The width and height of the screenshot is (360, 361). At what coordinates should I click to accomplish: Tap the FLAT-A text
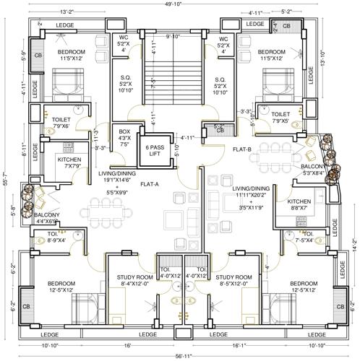[150, 183]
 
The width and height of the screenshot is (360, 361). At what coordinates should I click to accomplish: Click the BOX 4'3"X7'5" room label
[124, 137]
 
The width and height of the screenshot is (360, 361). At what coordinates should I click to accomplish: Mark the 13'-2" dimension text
[69, 12]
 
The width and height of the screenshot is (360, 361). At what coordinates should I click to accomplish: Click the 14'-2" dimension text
[354, 245]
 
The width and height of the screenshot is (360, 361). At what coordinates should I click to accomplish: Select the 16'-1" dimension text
[239, 345]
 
